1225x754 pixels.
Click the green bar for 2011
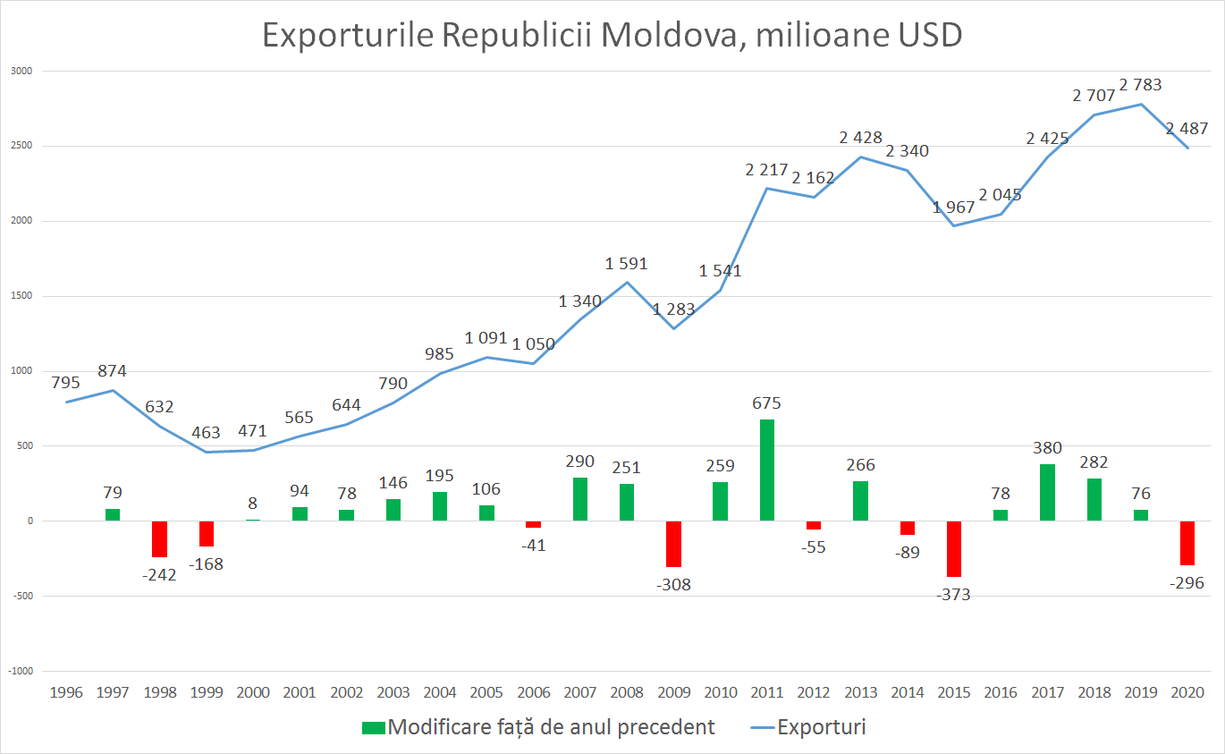click(x=767, y=470)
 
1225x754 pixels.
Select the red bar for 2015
click(x=954, y=548)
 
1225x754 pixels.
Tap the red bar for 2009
click(x=673, y=543)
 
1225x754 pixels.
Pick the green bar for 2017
click(x=1047, y=492)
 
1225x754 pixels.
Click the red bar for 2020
click(x=1187, y=542)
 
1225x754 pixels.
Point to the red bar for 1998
click(x=159, y=538)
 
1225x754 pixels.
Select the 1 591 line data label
click(x=626, y=264)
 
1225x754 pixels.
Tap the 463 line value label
click(x=207, y=433)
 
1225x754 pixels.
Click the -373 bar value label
click(x=953, y=595)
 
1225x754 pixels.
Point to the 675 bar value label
click(x=766, y=403)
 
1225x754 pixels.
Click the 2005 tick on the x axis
click(x=486, y=692)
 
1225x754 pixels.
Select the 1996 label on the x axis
click(x=65, y=692)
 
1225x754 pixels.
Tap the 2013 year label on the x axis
click(x=860, y=692)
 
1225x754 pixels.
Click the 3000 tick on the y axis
click(x=19, y=71)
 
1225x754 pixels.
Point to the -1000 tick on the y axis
click(x=21, y=671)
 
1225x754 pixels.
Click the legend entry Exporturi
click(x=821, y=727)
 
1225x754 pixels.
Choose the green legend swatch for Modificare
click(x=373, y=727)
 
